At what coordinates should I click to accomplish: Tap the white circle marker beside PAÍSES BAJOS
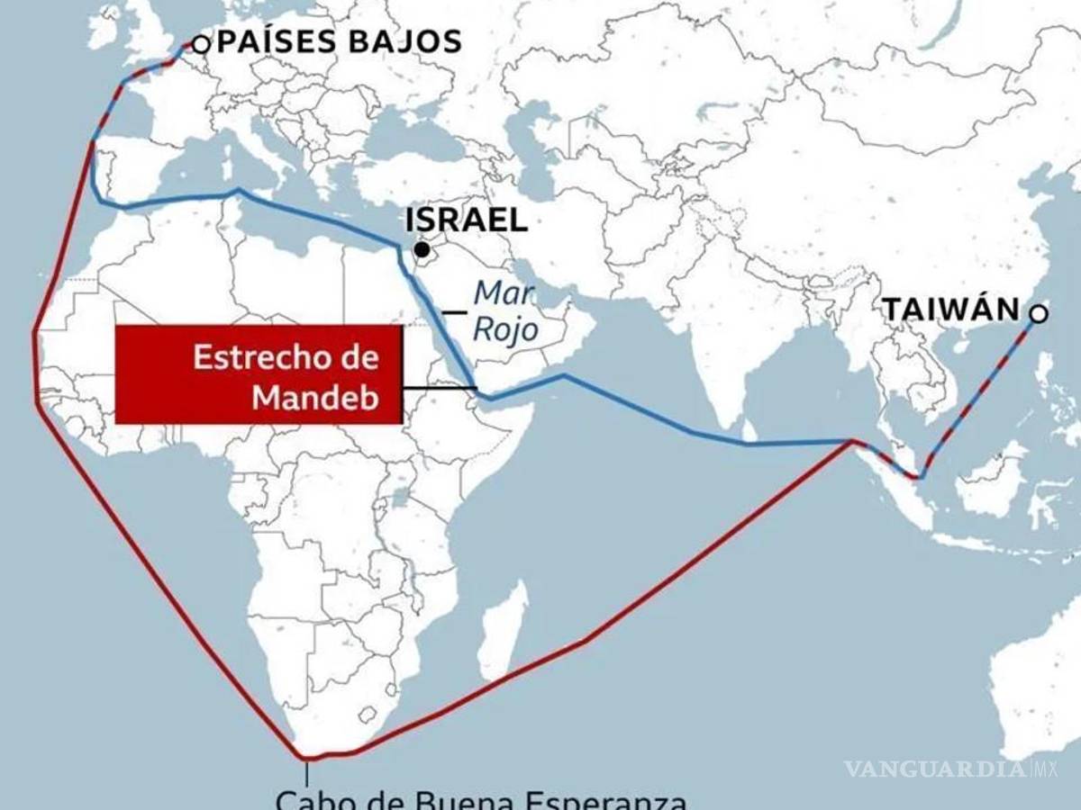201,42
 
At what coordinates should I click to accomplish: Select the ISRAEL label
467,220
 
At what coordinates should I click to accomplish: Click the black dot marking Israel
422,248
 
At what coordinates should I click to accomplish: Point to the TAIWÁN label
950,310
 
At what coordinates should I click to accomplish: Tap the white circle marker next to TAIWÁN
1038,313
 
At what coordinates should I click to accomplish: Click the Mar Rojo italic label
506,311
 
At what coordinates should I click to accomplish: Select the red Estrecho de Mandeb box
259,373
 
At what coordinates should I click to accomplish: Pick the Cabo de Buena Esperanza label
482,799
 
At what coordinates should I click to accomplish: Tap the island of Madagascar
503,625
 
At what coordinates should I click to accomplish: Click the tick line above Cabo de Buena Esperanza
307,772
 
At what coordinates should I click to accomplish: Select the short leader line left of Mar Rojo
455,312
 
